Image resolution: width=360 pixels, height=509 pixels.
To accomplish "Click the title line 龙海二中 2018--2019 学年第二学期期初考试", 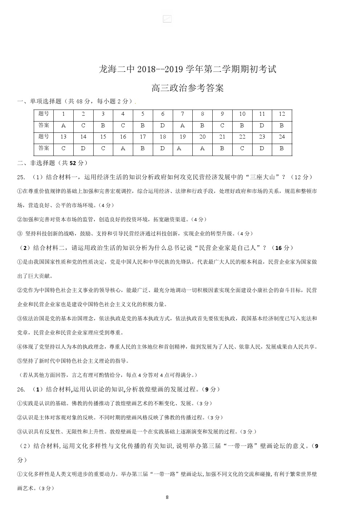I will (x=187, y=69).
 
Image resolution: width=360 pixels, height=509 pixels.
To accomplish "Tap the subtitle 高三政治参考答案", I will (x=187, y=88).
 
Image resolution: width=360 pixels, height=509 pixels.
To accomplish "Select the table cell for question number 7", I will (x=183, y=114).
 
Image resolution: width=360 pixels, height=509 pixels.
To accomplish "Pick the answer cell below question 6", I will (x=163, y=126).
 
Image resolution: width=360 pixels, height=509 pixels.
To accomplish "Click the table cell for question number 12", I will (x=282, y=114).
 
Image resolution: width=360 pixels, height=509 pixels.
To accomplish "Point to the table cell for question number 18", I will (x=163, y=137).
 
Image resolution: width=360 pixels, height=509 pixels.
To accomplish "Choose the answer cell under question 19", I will (x=183, y=149).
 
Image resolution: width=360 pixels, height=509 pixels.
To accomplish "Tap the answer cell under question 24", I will (x=282, y=149).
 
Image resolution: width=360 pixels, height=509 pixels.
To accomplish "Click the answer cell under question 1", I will (x=64, y=126).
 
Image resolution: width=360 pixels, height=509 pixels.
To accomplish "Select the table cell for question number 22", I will (x=242, y=137).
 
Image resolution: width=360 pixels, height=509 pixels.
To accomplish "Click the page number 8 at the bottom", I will (x=167, y=497).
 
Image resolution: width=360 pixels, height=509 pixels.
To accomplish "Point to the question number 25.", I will (x=21, y=177).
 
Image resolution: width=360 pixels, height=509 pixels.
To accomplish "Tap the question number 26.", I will (x=21, y=389).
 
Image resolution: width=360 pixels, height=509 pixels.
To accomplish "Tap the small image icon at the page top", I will (x=167, y=19).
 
